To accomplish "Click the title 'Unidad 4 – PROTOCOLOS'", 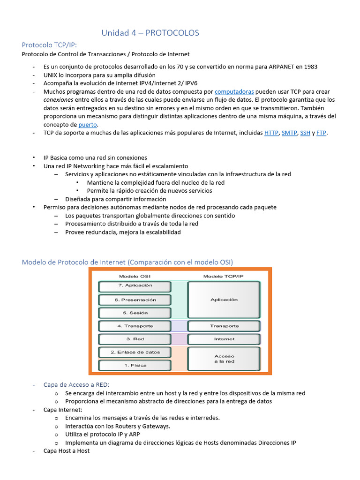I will click(150, 33).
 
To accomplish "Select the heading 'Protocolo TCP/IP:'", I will click(49, 45).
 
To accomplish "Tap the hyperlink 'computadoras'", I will click(234, 92).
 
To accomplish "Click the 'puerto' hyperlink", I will click(88, 125).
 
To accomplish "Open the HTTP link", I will click(271, 133).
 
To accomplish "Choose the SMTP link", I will click(289, 133).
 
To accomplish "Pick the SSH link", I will click(305, 133).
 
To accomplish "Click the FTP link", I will click(321, 133).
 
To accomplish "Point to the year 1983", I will click(310, 67).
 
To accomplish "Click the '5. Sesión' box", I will click(135, 313).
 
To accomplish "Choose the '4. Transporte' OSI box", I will click(135, 326).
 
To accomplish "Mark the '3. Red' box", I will click(135, 339).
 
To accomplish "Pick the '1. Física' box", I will click(135, 365).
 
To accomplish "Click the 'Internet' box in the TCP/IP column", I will click(224, 339).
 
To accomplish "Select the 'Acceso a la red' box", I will click(224, 359).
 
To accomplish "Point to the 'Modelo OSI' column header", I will click(135, 276).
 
